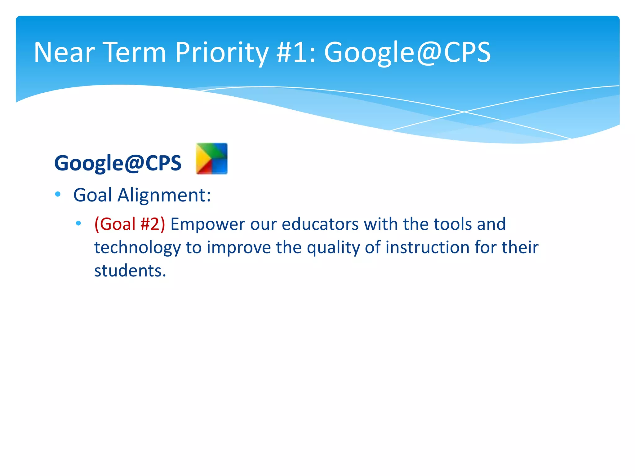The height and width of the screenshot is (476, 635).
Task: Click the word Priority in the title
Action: (x=221, y=53)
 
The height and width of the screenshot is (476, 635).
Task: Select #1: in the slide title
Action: (x=296, y=53)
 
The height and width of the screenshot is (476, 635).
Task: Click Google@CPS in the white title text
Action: (x=407, y=53)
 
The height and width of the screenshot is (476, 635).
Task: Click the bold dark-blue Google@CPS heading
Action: (x=118, y=163)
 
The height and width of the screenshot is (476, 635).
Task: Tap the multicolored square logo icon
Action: (x=212, y=158)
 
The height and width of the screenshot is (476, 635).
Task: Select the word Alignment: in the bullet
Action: (x=164, y=195)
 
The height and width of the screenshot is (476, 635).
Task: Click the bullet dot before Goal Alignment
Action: (x=58, y=194)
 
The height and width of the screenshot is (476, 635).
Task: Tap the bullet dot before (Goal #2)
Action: (x=78, y=223)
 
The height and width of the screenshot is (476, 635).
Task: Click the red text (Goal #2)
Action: (x=130, y=224)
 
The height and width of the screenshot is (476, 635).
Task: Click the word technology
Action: (x=137, y=248)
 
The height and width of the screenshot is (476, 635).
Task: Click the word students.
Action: (x=130, y=271)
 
